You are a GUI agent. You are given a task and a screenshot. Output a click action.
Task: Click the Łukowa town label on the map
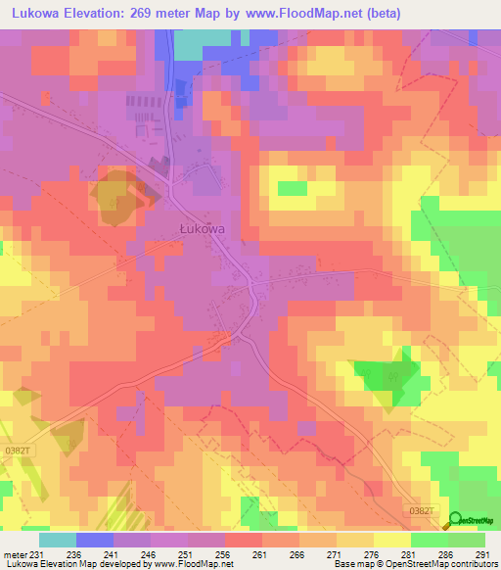[203, 228]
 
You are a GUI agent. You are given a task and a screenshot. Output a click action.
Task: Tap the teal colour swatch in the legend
[58, 540]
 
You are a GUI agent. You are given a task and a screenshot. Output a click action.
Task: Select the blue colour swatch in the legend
[95, 540]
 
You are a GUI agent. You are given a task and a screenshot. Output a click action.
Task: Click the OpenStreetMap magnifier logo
[455, 520]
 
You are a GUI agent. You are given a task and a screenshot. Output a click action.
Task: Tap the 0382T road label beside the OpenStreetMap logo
[420, 510]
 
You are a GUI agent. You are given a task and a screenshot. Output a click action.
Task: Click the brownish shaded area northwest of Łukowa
[117, 193]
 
